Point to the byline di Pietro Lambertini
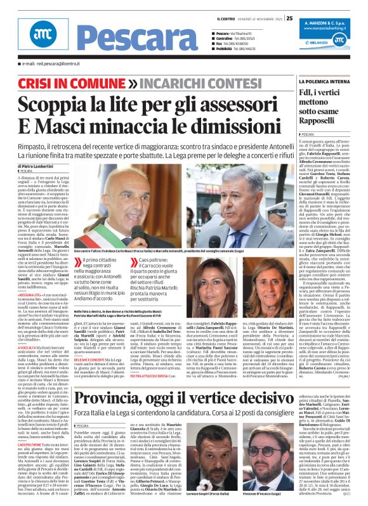(40, 165)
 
